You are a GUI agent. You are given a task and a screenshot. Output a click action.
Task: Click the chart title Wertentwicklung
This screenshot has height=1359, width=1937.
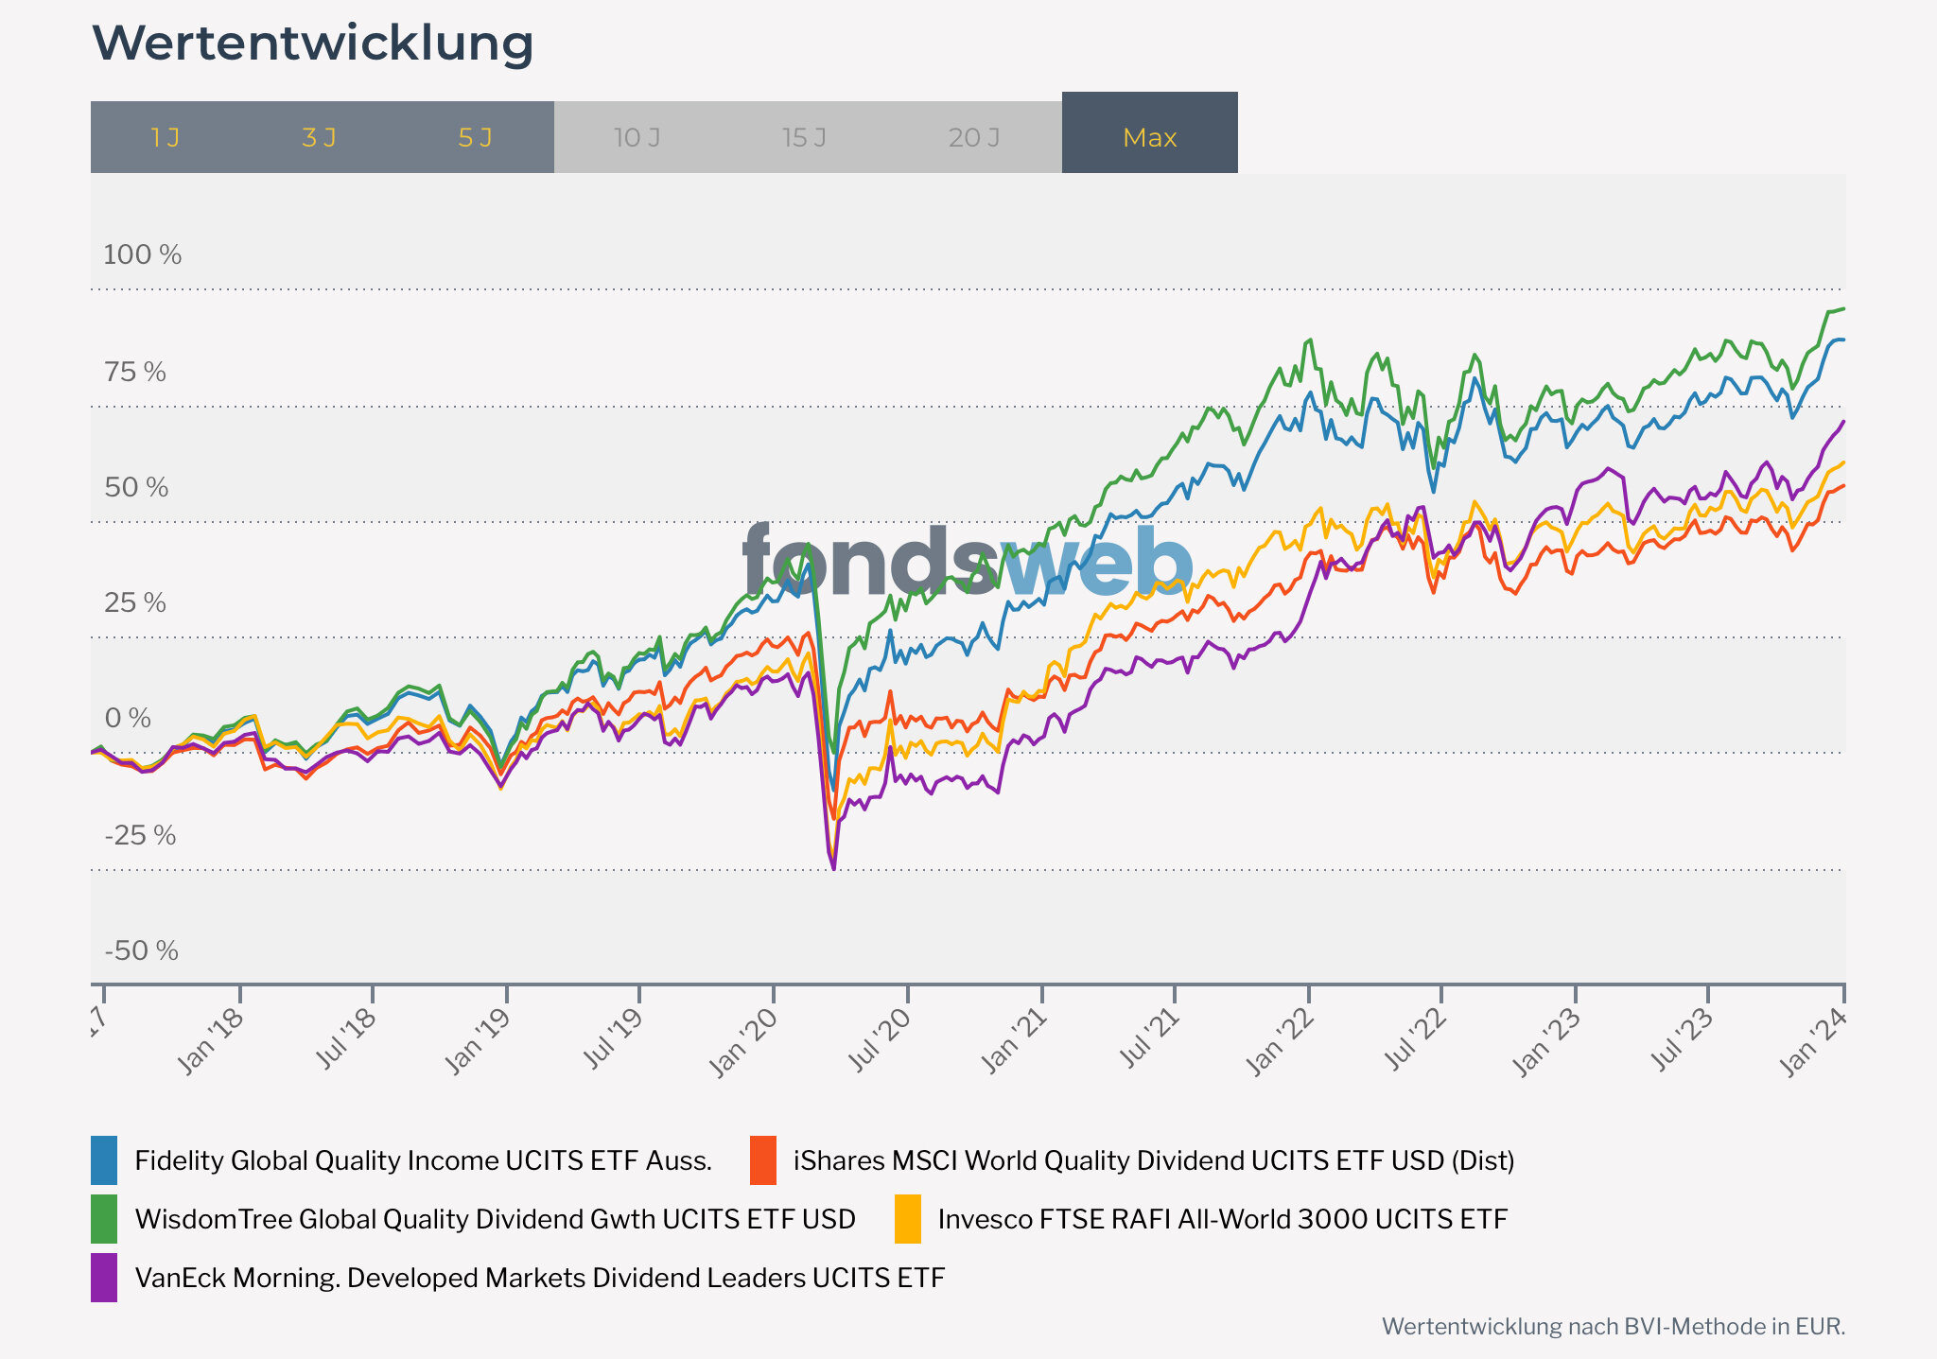[313, 44]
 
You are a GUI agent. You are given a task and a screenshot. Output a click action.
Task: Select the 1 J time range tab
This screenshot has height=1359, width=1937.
[166, 138]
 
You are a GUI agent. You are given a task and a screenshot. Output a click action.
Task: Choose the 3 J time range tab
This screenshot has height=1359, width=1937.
[319, 138]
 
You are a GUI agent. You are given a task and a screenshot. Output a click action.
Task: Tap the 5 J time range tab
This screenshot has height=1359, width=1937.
[475, 138]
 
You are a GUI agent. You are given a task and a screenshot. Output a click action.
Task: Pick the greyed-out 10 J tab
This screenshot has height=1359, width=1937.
[637, 138]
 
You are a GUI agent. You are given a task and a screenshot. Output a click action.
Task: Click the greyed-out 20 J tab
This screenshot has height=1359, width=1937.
[974, 138]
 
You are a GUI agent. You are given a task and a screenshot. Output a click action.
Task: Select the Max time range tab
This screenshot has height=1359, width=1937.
[1149, 138]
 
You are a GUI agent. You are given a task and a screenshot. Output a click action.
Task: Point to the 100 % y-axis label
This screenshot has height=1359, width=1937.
[142, 254]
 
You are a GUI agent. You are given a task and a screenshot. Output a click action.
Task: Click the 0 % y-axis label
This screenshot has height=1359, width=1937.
[128, 719]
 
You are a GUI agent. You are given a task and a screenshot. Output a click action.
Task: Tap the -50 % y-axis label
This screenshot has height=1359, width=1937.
[141, 950]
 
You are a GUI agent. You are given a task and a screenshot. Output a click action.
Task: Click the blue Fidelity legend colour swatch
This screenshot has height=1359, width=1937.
[104, 1160]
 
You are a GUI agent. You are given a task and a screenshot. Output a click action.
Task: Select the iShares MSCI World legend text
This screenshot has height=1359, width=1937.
[1154, 1160]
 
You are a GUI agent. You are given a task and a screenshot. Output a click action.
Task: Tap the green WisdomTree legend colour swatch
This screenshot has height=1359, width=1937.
[104, 1219]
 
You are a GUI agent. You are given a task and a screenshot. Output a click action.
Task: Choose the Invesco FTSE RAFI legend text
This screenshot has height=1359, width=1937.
[1222, 1219]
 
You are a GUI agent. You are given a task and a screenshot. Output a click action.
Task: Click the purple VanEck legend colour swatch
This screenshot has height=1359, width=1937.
[104, 1278]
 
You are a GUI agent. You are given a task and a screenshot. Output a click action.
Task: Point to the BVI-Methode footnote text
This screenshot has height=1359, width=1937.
[1613, 1327]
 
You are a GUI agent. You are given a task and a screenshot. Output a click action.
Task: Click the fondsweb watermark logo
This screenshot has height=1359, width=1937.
[967, 563]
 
